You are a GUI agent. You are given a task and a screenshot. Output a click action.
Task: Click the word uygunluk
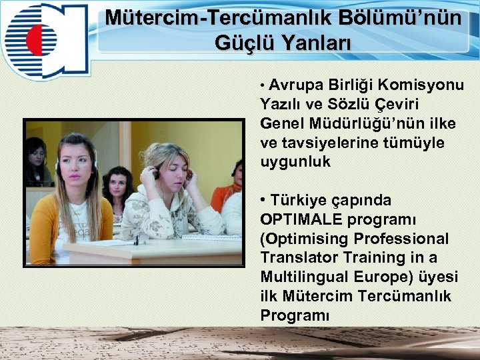pyautogui.click(x=295, y=162)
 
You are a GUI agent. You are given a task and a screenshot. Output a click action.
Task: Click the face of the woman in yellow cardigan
pyautogui.click(x=76, y=163)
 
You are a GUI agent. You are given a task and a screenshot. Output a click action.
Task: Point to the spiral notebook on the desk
pyautogui.click(x=212, y=236)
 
